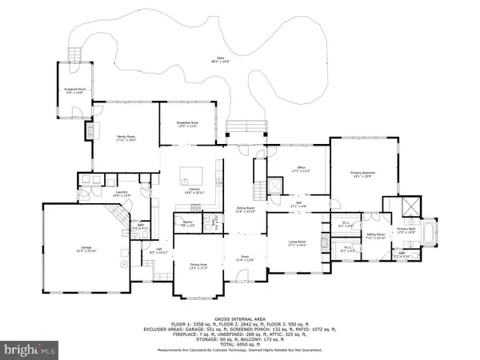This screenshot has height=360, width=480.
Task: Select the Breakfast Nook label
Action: coord(188,123)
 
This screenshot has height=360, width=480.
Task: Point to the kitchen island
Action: coord(190,173)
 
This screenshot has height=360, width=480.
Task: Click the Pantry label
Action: coord(188,223)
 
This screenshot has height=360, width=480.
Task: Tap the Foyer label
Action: coord(245,258)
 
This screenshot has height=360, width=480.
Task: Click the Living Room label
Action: coord(298,242)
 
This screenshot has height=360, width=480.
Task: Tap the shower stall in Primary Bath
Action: coord(410,205)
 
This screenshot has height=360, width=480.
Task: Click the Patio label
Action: coord(218,58)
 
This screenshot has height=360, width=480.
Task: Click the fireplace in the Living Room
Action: coord(320,241)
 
